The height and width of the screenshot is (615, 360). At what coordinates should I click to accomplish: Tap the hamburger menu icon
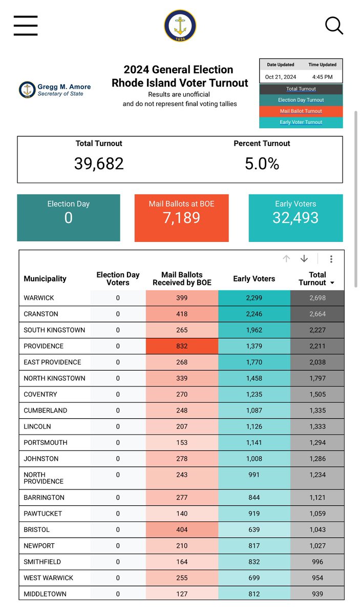(26, 25)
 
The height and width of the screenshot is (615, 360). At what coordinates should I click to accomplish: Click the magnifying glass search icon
(334, 25)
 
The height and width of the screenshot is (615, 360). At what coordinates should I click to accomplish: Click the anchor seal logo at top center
(180, 26)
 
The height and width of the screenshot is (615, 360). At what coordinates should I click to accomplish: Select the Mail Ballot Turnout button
(301, 111)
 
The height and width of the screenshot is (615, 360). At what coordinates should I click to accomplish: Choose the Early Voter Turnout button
(301, 122)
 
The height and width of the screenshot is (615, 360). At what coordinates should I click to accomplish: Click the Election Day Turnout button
(301, 100)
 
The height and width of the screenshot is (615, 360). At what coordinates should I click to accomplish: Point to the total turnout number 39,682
(99, 163)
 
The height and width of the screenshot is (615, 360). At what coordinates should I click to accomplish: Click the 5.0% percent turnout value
(262, 163)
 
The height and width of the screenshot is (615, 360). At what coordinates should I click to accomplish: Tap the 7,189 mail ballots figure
(181, 218)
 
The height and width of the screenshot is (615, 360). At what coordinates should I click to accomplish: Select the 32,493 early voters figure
(295, 218)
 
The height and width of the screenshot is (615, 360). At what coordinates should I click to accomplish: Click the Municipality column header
(45, 279)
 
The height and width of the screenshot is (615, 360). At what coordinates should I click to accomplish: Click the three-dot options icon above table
(331, 259)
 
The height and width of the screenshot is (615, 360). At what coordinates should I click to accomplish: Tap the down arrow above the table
(304, 259)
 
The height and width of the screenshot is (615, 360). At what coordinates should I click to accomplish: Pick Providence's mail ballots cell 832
(181, 346)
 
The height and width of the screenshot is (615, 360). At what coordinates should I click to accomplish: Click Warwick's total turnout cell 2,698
(317, 298)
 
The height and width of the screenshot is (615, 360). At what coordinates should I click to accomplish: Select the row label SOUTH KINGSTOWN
(54, 330)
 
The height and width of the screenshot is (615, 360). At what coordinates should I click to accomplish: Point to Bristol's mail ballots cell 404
(181, 530)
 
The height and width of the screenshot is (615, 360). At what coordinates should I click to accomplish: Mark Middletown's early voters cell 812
(254, 594)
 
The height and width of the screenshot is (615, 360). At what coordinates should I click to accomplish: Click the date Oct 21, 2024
(281, 77)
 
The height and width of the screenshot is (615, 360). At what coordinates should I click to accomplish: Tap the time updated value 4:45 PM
(322, 77)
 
